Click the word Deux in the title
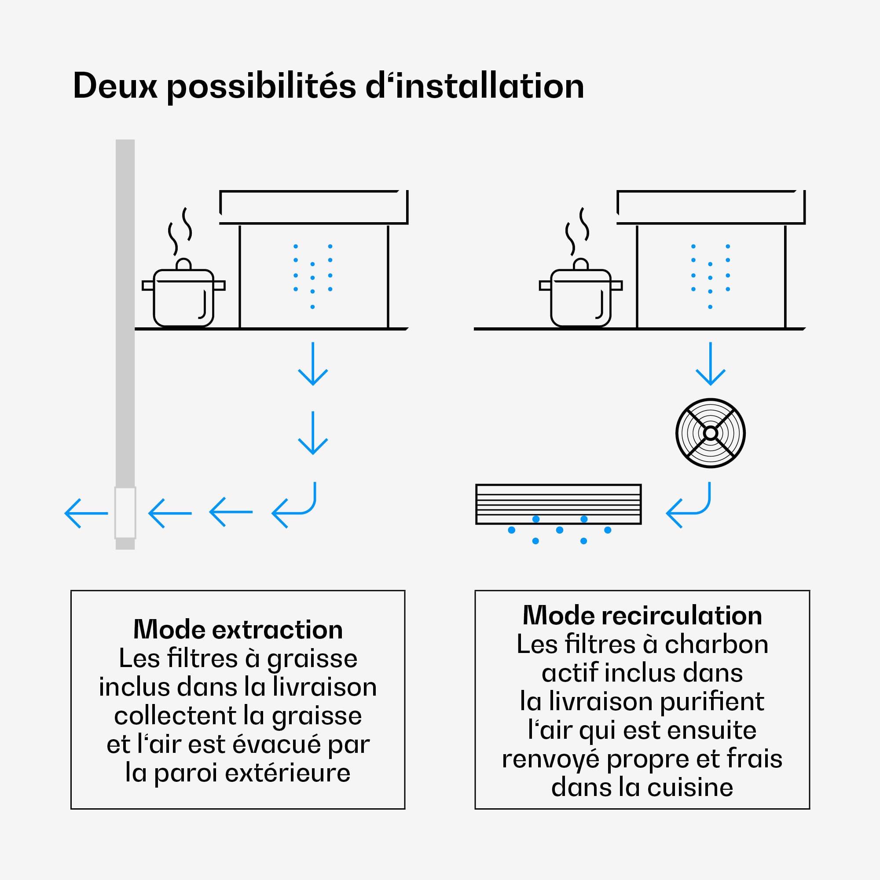(x=115, y=86)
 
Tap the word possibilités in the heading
(x=261, y=87)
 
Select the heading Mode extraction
(x=238, y=630)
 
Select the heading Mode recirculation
(x=642, y=616)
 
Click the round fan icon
(x=710, y=433)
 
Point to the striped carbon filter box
(x=558, y=504)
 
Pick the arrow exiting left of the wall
(x=86, y=513)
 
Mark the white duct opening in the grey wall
(x=125, y=513)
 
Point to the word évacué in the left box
(x=276, y=744)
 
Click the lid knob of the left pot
(x=183, y=264)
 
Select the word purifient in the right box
(x=711, y=701)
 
